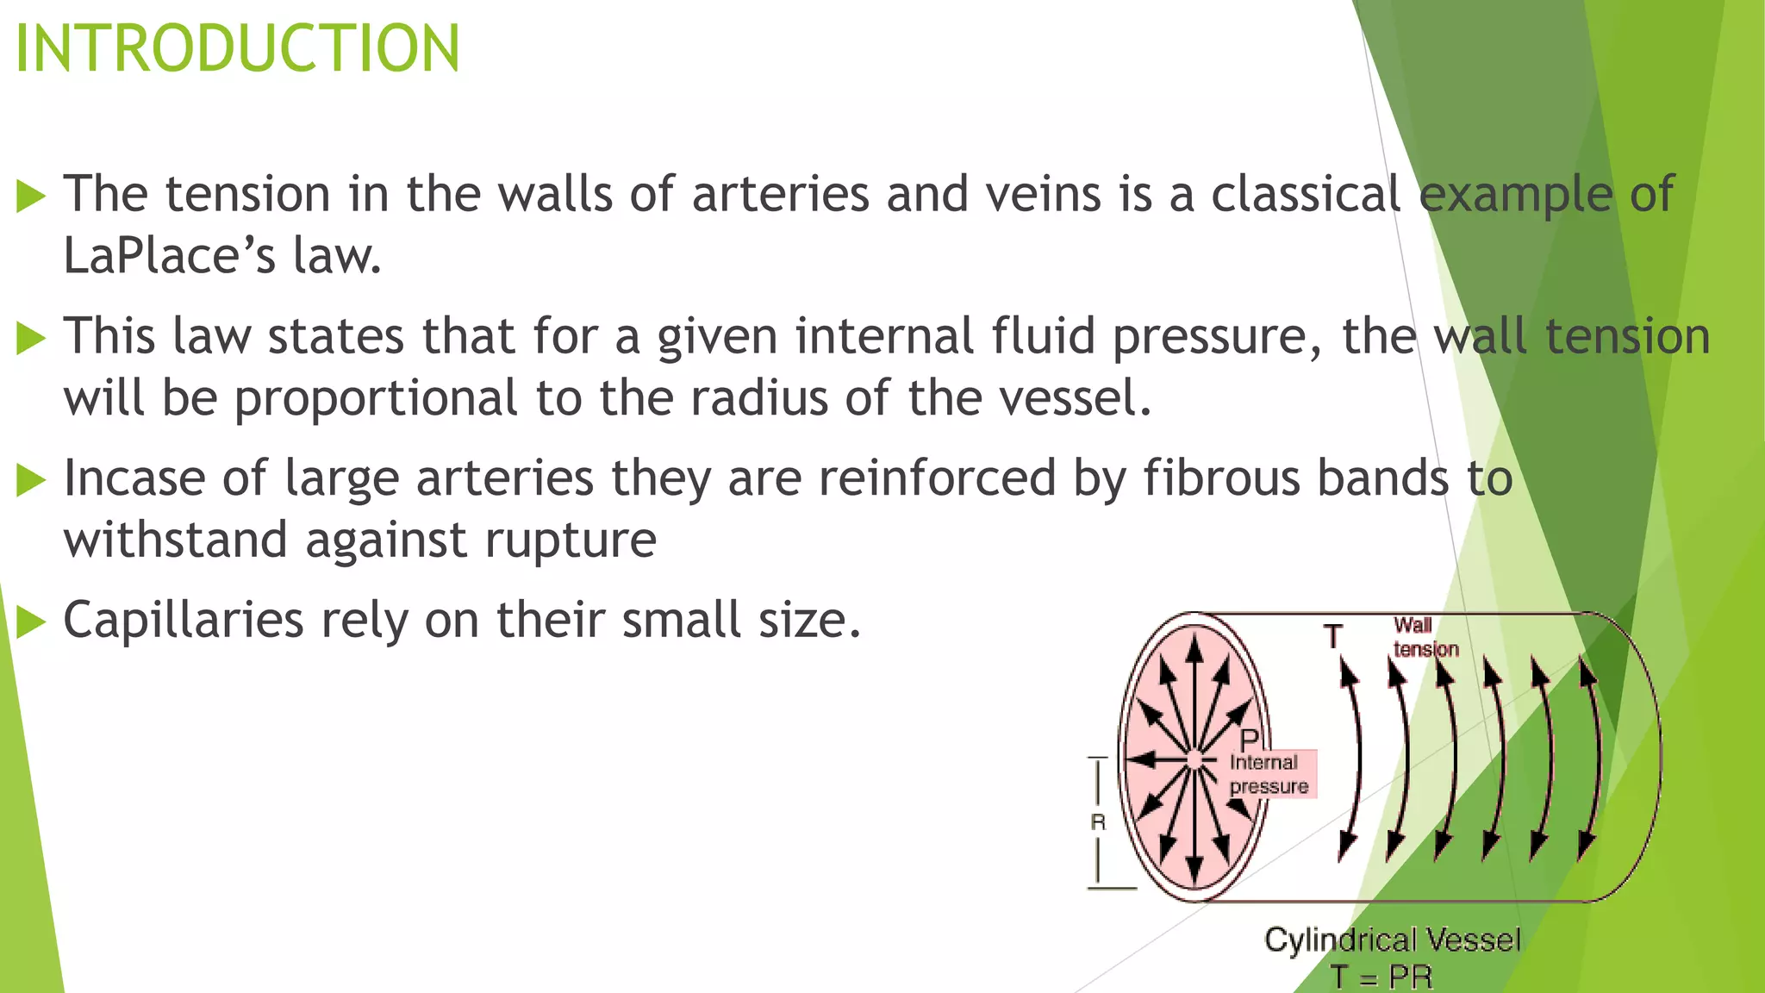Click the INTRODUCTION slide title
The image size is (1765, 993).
(238, 48)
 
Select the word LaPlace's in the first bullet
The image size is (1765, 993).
(169, 256)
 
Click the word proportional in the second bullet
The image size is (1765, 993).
(376, 398)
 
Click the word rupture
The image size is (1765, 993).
(571, 540)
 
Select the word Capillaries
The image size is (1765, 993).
(184, 621)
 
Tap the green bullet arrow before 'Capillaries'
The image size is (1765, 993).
(30, 621)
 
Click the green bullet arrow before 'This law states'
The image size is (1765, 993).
(30, 338)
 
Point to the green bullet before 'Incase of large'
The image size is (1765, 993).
(30, 479)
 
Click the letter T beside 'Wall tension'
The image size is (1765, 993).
(1333, 637)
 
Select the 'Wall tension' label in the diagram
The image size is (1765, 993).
(1425, 637)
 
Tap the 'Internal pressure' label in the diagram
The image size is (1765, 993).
(1268, 774)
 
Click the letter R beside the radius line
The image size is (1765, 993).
(1098, 822)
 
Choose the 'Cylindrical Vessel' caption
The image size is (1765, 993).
(1392, 940)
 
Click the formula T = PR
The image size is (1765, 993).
(1381, 977)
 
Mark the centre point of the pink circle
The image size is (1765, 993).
(1194, 759)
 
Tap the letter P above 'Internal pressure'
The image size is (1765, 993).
(1250, 740)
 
